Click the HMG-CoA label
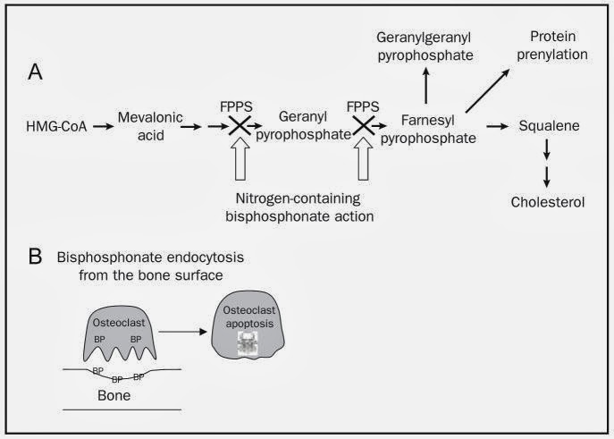click(x=56, y=126)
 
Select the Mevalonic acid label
click(x=150, y=126)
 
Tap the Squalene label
click(x=549, y=126)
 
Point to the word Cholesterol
click(x=548, y=202)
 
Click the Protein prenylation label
click(x=552, y=46)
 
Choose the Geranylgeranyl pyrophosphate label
click(x=425, y=46)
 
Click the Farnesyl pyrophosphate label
click(x=428, y=130)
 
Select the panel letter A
click(x=35, y=72)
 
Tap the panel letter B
click(x=35, y=257)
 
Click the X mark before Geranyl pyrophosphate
click(x=240, y=126)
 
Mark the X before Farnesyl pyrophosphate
click(x=364, y=126)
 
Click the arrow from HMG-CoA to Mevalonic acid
click(x=104, y=126)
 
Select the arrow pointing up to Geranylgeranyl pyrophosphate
click(x=426, y=85)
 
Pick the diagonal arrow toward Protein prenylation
click(x=488, y=90)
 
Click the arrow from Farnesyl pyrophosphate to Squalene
click(x=497, y=126)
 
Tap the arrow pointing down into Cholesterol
click(x=547, y=177)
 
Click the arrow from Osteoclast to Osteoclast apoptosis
click(x=182, y=332)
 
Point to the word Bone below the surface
click(x=114, y=395)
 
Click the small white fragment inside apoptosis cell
click(x=248, y=344)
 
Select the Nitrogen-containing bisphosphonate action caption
click(x=299, y=207)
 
